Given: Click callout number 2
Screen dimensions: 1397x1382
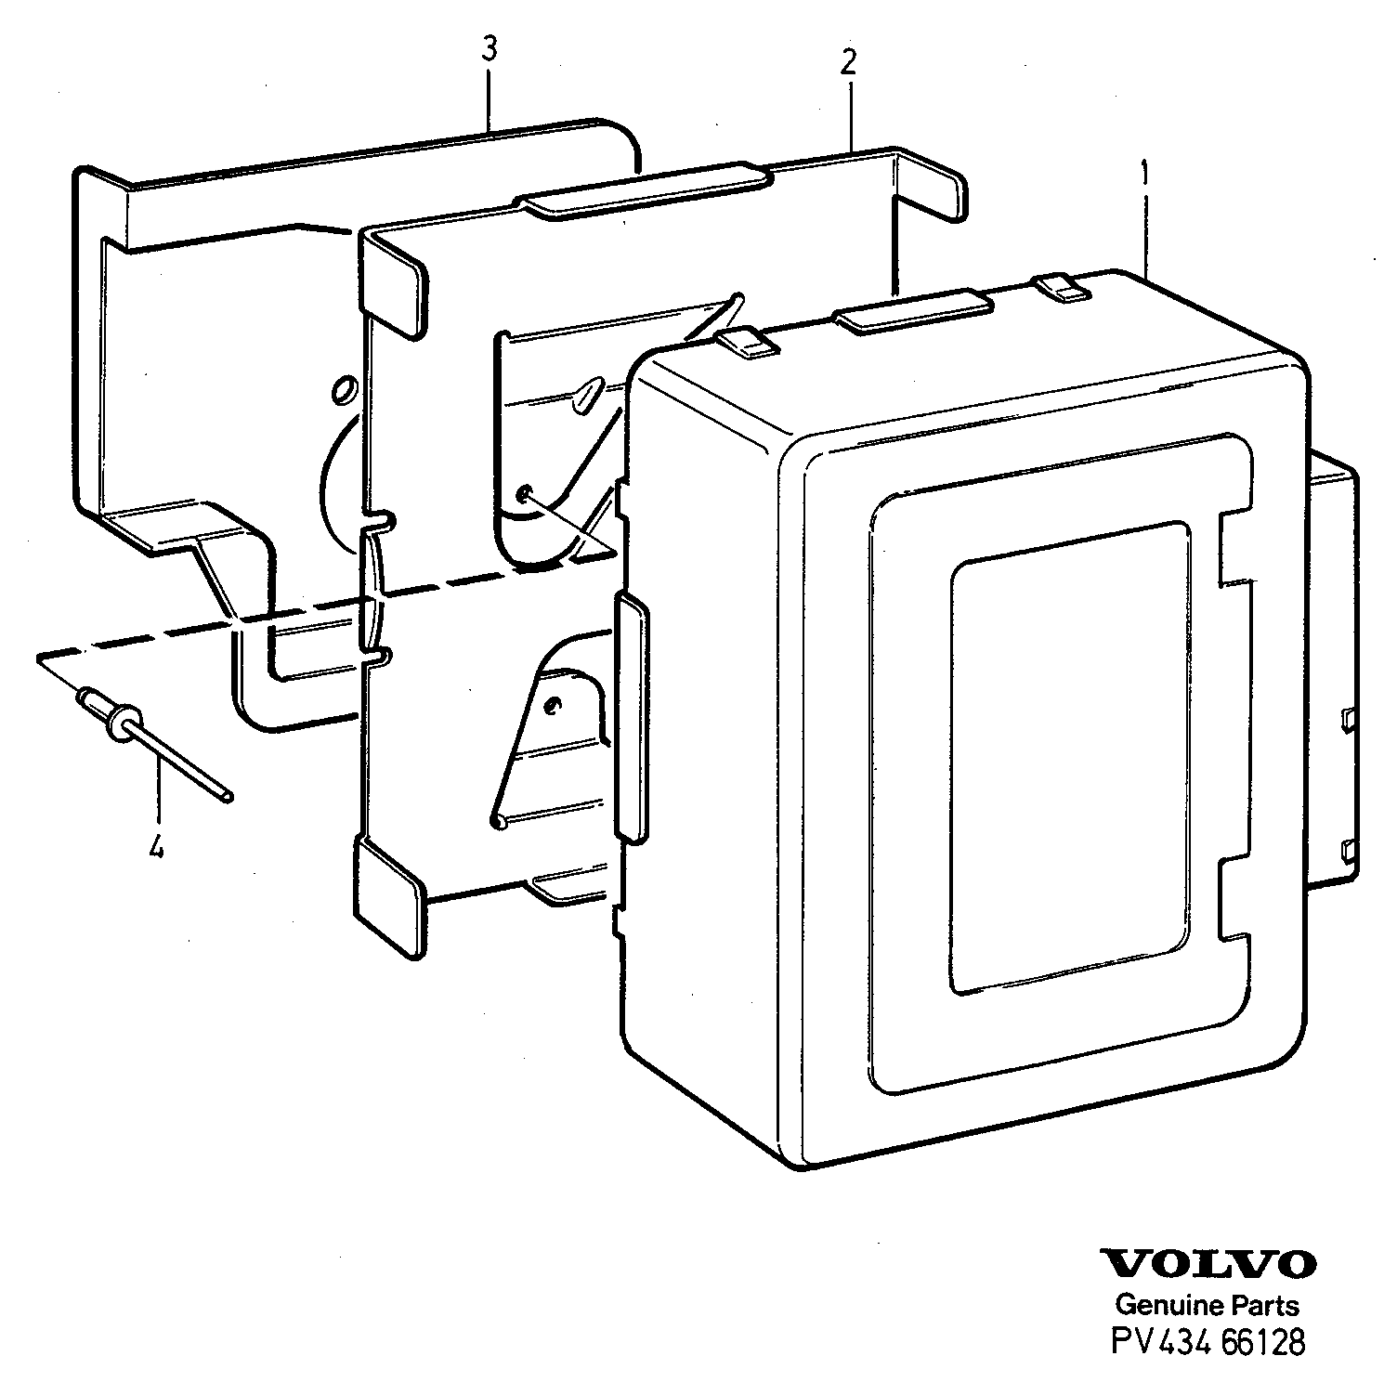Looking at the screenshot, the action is point(848,62).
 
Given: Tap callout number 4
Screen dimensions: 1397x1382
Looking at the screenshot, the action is point(157,847).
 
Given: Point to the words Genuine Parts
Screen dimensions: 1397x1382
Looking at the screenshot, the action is point(1208,1305).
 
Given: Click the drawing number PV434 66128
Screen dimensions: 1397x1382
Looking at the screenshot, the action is point(1208,1343).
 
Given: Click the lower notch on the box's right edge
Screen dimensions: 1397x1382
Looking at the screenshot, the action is point(1235,896).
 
